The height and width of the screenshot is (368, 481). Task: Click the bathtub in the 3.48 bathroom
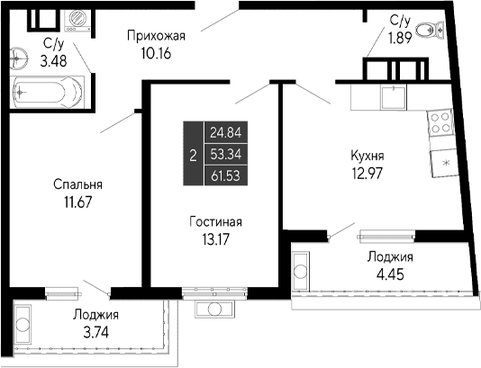click(46, 92)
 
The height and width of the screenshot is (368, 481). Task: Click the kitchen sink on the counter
click(392, 94)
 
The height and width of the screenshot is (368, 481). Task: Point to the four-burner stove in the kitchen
click(440, 123)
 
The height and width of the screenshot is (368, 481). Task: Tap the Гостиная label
click(216, 221)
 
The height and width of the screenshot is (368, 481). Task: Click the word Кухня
click(369, 154)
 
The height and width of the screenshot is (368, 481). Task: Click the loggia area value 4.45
click(391, 274)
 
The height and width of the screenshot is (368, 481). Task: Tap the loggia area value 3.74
click(95, 330)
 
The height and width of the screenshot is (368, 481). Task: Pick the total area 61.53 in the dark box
click(227, 175)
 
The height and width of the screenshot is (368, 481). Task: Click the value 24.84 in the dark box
click(227, 132)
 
